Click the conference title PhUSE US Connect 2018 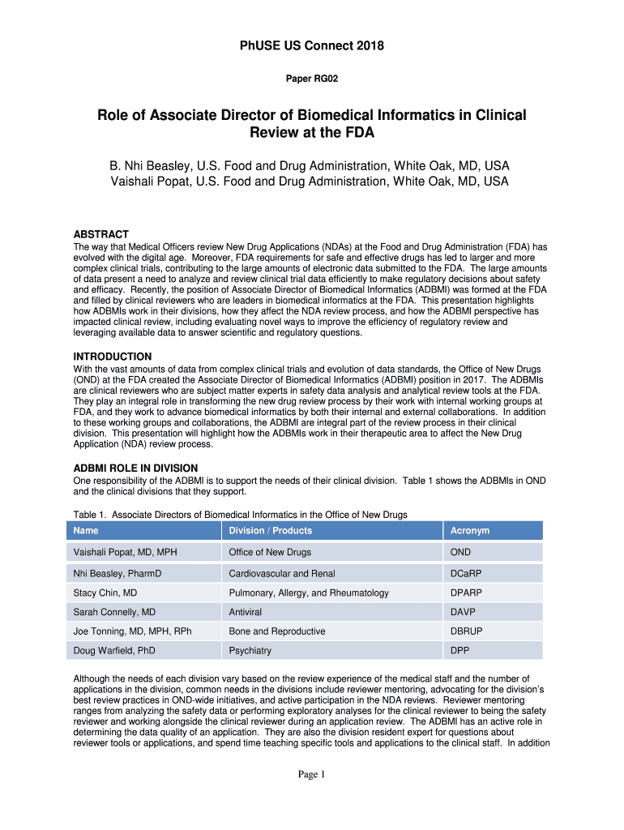(x=311, y=46)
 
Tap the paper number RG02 (x=311, y=79)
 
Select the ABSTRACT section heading (x=101, y=234)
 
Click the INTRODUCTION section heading (x=113, y=357)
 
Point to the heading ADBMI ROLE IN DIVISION (x=135, y=468)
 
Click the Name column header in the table (x=86, y=531)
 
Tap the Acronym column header (x=470, y=531)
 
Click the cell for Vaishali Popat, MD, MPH (x=125, y=553)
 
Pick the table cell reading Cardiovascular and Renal (x=281, y=574)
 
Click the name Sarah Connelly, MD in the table (x=114, y=612)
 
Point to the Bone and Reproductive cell (x=277, y=631)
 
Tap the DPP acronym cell (x=459, y=651)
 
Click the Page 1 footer (x=311, y=775)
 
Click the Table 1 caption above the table (x=240, y=515)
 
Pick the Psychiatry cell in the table (x=250, y=651)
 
